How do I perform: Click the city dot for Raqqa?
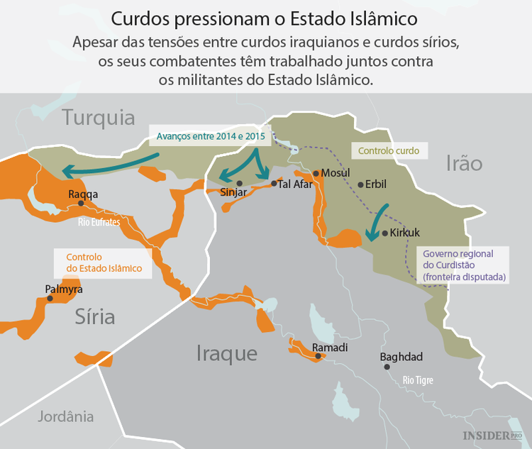click(x=81, y=203)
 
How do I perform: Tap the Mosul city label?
click(x=336, y=173)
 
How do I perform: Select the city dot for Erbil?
click(x=360, y=185)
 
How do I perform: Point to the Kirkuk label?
click(x=405, y=233)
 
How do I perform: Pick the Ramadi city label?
click(x=330, y=347)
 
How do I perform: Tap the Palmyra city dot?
click(x=50, y=299)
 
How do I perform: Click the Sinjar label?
click(x=233, y=192)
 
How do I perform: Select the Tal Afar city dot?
click(x=274, y=184)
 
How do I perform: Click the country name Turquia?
click(x=98, y=118)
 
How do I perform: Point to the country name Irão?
click(x=464, y=164)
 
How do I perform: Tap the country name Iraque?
click(x=226, y=353)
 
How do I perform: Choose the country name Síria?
click(x=94, y=317)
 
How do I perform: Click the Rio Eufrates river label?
click(x=99, y=222)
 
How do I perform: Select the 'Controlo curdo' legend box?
click(x=389, y=151)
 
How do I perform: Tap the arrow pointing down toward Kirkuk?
click(x=376, y=221)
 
